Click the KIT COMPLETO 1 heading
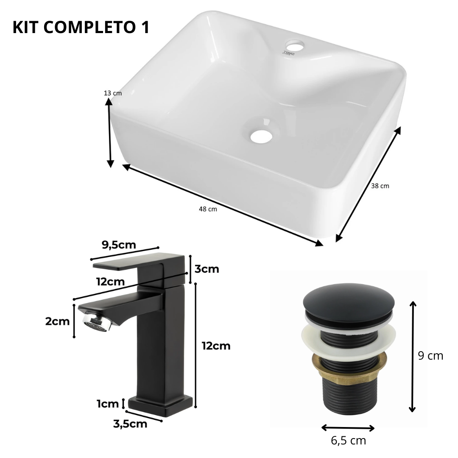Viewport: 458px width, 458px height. coord(81,27)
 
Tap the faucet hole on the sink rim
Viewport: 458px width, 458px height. coord(295,45)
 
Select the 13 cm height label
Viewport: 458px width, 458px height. coord(113,93)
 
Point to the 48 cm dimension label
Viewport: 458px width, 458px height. coord(208,209)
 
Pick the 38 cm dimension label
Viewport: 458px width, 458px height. coord(380,186)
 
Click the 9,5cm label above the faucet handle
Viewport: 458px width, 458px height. coord(119,245)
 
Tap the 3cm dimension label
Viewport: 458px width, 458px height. coord(207,269)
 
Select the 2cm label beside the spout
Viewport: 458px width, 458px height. coord(57,321)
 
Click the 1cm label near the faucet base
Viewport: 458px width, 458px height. coord(108,404)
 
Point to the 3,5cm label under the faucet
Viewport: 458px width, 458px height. coord(130,424)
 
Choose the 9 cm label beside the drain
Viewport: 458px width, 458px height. coord(430,356)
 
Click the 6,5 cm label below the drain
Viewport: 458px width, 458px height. coord(349,441)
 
